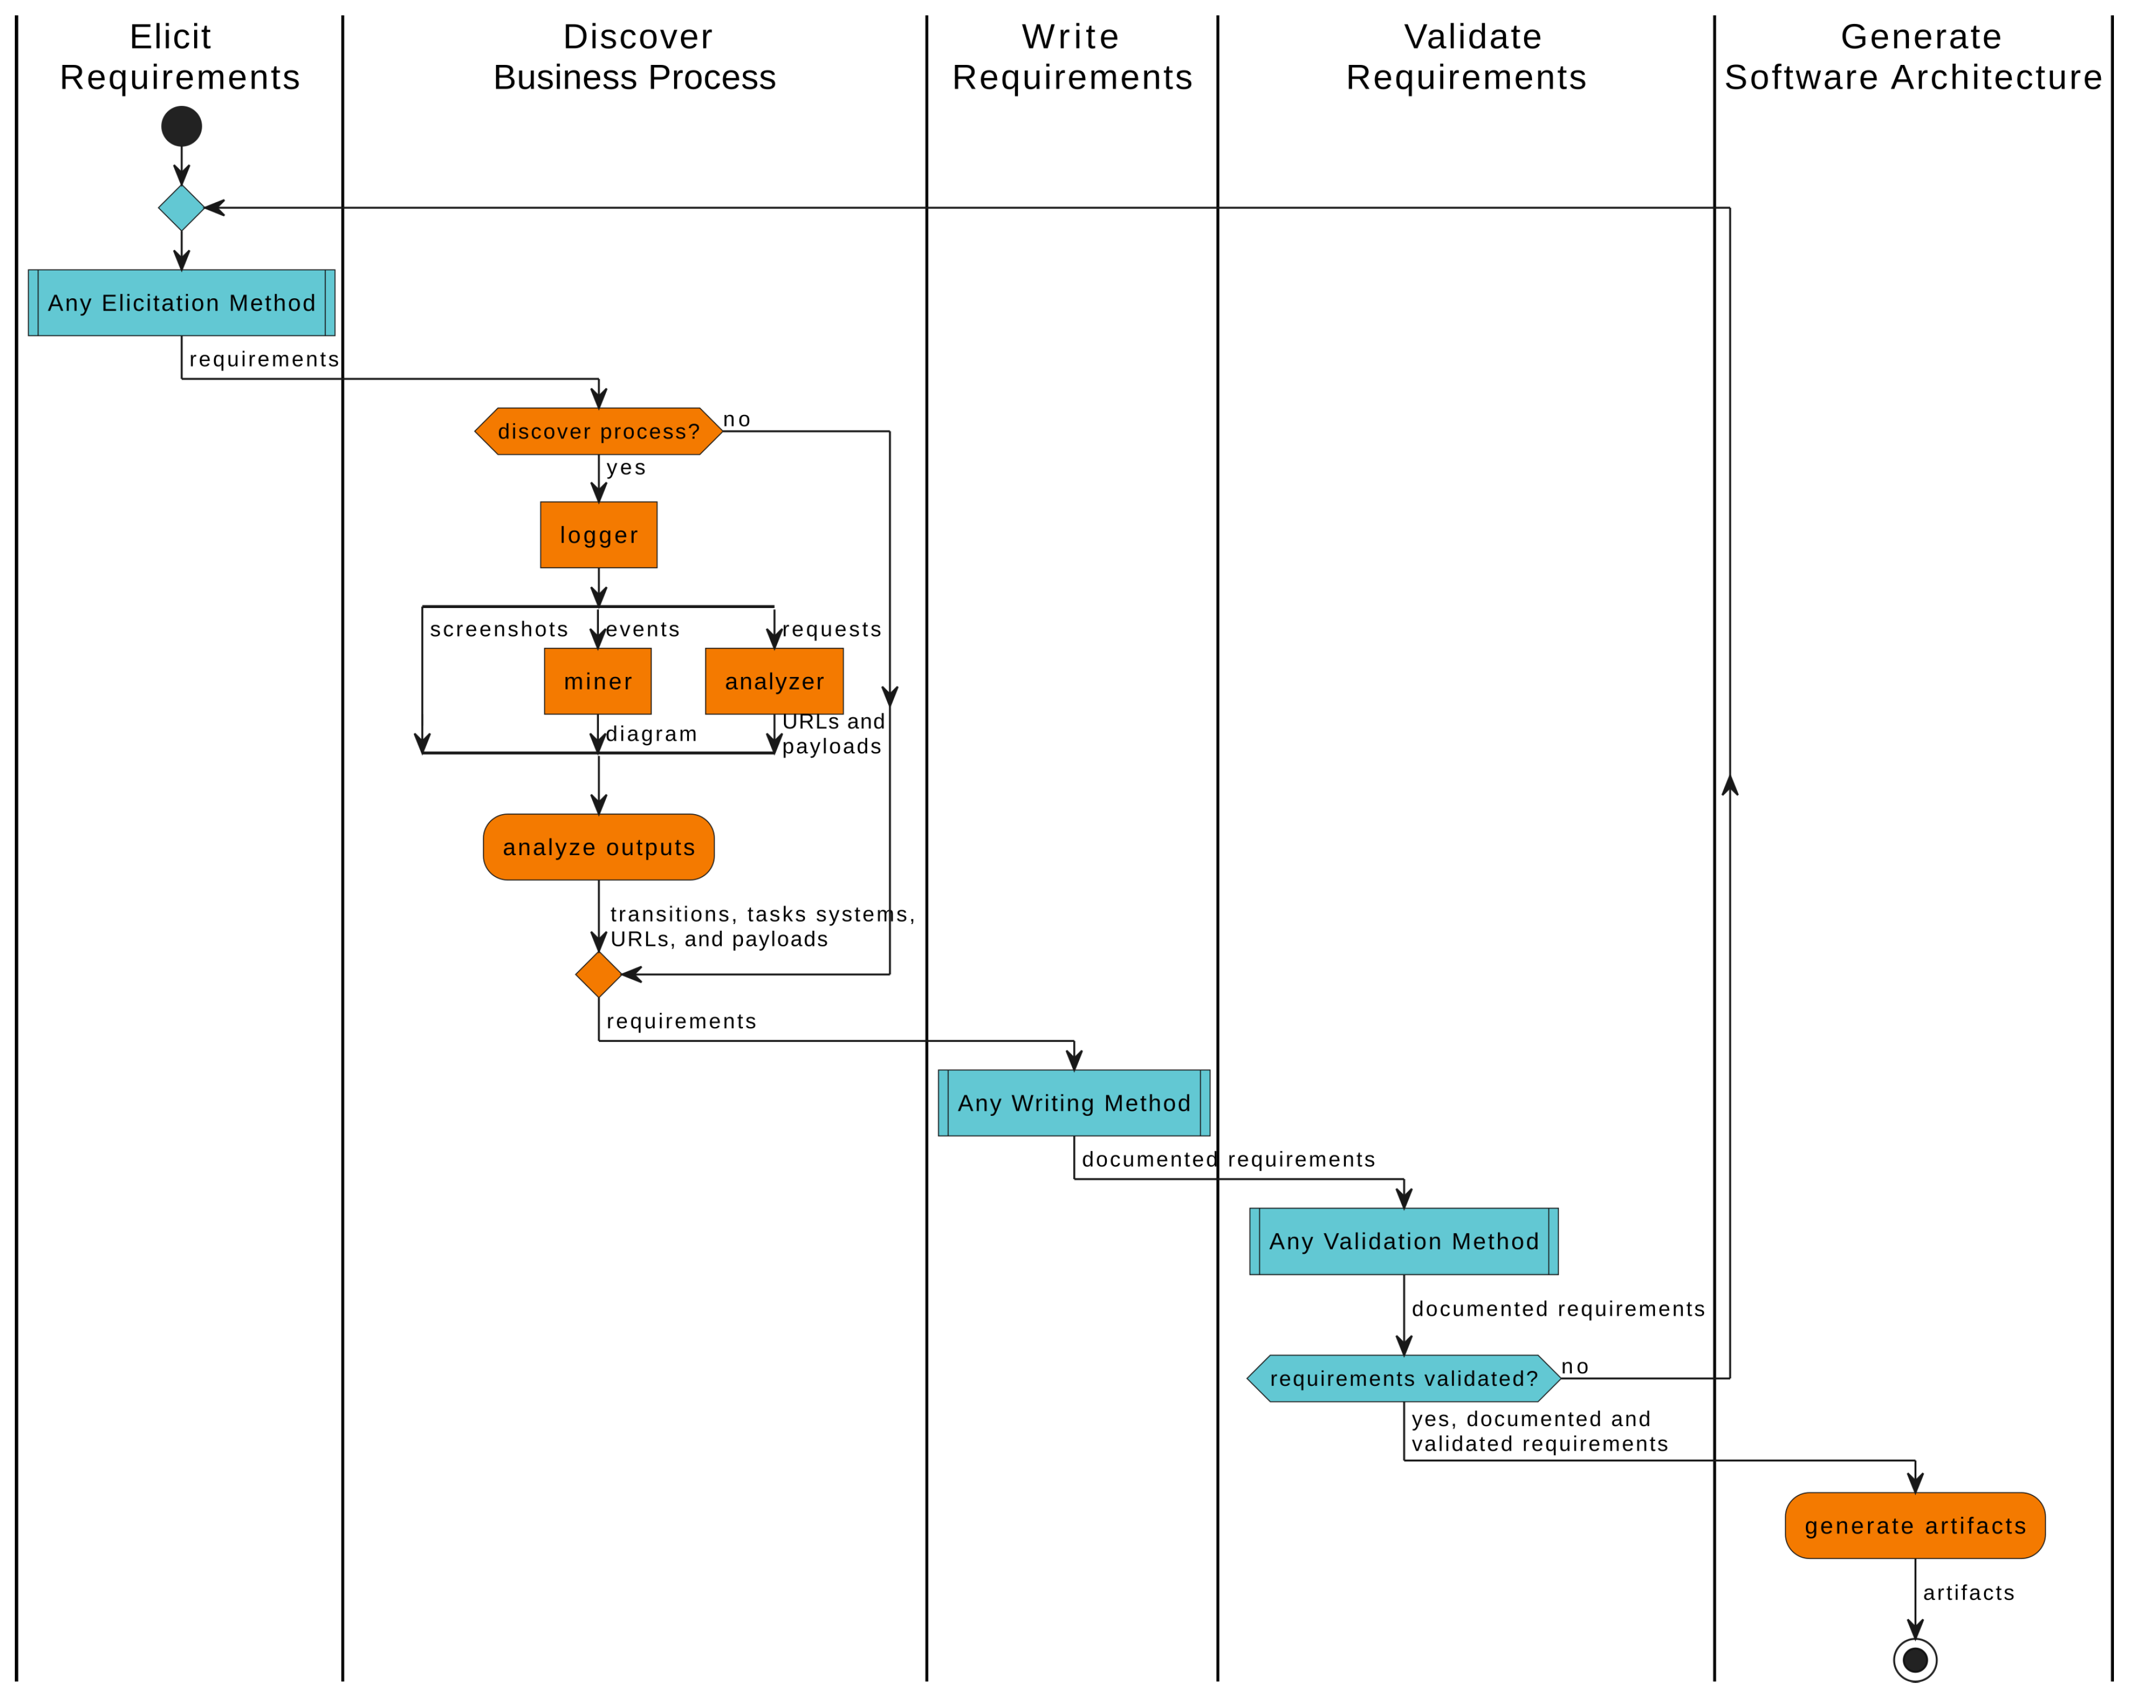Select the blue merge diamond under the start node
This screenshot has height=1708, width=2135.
(181, 208)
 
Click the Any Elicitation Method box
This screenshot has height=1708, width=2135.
(181, 303)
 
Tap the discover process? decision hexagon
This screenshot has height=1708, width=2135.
(598, 432)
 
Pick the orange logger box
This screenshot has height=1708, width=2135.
(598, 535)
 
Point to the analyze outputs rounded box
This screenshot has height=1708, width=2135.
(598, 848)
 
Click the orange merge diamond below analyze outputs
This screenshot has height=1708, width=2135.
(598, 974)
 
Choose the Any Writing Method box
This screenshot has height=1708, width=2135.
(1073, 1103)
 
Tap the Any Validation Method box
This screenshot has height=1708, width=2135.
(1403, 1242)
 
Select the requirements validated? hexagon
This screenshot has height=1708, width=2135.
(1403, 1378)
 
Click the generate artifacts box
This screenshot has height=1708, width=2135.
(1914, 1526)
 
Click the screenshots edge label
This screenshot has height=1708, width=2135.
(499, 630)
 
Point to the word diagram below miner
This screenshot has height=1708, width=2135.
(651, 734)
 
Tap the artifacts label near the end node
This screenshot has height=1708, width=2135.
(1968, 1593)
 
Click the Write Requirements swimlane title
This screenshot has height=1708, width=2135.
(1071, 58)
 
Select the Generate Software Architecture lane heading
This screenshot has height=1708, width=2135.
(1912, 58)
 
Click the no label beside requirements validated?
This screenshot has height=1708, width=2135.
(1575, 1368)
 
